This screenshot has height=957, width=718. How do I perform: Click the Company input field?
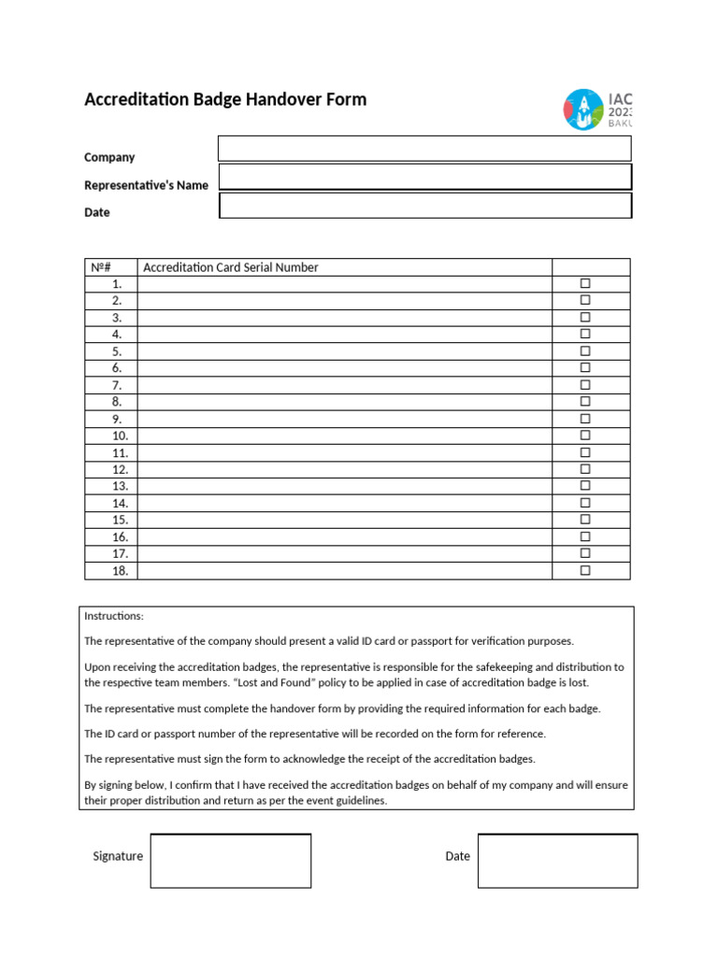point(424,149)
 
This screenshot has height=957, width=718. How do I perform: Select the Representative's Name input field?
point(424,177)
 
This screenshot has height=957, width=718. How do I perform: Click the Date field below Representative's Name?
point(424,206)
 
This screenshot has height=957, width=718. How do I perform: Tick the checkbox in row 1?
point(585,283)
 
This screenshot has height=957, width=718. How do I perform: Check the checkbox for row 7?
point(585,385)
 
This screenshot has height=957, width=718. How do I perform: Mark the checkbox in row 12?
point(585,469)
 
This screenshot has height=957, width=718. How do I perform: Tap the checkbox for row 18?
point(585,570)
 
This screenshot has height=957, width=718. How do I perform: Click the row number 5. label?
point(117,351)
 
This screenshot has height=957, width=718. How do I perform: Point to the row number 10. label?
point(120,436)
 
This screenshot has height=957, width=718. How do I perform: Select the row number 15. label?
point(120,520)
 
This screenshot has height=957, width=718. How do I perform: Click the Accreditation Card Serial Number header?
point(230,267)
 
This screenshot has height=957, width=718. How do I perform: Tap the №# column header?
point(101,267)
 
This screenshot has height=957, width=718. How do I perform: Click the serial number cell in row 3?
point(344,318)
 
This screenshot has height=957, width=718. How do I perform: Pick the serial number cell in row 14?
point(344,503)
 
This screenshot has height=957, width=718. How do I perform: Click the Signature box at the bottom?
point(230,861)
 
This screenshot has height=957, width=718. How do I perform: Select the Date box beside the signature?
point(557,861)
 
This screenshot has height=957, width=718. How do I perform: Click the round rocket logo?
point(583,110)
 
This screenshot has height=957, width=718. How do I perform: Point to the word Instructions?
point(114,616)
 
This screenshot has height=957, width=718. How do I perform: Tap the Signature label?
point(118,856)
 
